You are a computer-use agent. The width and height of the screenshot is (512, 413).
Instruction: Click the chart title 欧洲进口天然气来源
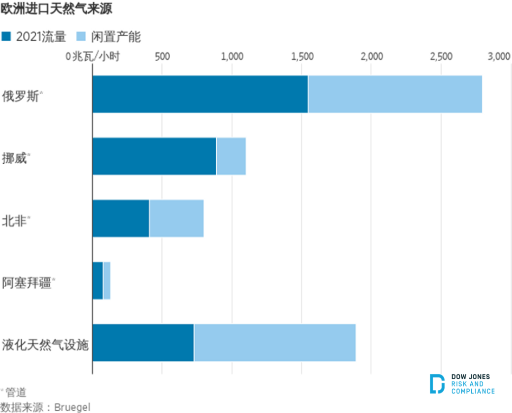click(x=56, y=9)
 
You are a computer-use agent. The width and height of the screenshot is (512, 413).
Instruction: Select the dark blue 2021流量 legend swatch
click(x=7, y=37)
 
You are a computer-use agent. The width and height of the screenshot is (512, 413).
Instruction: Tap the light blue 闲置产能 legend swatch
click(x=82, y=37)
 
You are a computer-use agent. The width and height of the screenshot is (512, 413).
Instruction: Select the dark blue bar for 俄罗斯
click(x=200, y=94)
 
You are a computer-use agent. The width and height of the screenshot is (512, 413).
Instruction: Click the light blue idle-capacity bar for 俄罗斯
click(x=394, y=94)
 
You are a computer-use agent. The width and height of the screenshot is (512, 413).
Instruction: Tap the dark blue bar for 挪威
click(x=154, y=156)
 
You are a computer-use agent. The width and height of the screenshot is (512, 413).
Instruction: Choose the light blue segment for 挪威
click(x=231, y=156)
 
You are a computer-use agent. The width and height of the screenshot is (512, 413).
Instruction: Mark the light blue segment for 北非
click(x=176, y=218)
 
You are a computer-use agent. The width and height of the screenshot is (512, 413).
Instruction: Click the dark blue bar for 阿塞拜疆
click(x=98, y=281)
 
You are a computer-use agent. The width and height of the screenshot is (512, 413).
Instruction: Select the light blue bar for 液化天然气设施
click(x=274, y=343)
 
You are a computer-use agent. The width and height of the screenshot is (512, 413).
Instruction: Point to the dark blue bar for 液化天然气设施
click(x=143, y=343)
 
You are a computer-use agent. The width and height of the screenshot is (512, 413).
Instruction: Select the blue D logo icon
click(x=437, y=384)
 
